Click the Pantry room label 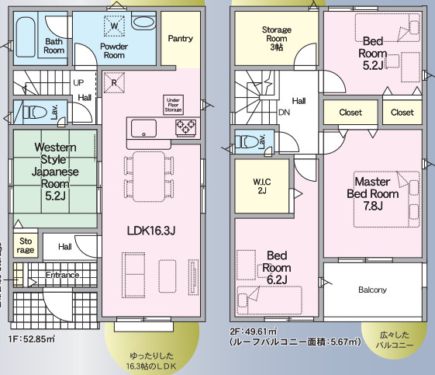click(180, 38)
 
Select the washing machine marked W click(114, 26)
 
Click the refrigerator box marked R click(114, 83)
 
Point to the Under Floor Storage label click(173, 104)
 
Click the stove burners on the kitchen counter click(186, 127)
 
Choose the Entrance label click(62, 275)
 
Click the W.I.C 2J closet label click(261, 186)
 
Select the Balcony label click(372, 290)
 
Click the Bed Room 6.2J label click(277, 266)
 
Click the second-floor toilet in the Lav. click(247, 142)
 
